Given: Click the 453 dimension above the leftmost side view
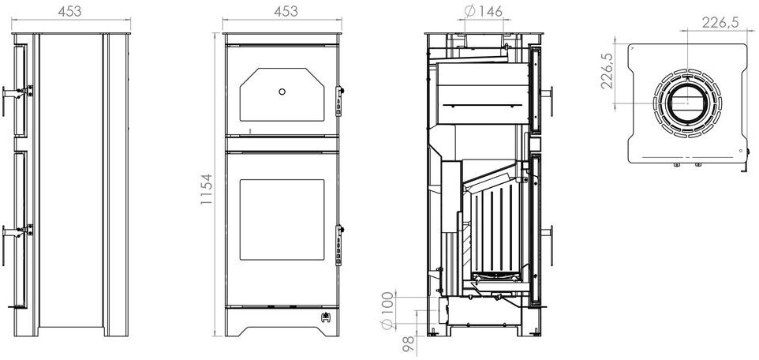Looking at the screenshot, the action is [x=69, y=12].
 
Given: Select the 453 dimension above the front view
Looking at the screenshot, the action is [x=286, y=12].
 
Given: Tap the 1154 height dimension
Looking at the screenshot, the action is [x=206, y=189].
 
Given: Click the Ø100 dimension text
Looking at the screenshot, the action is [x=387, y=310].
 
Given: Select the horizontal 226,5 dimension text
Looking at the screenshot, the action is [x=720, y=22].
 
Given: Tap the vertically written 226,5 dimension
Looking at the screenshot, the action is [x=607, y=71].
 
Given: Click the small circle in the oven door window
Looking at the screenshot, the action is [x=282, y=92].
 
